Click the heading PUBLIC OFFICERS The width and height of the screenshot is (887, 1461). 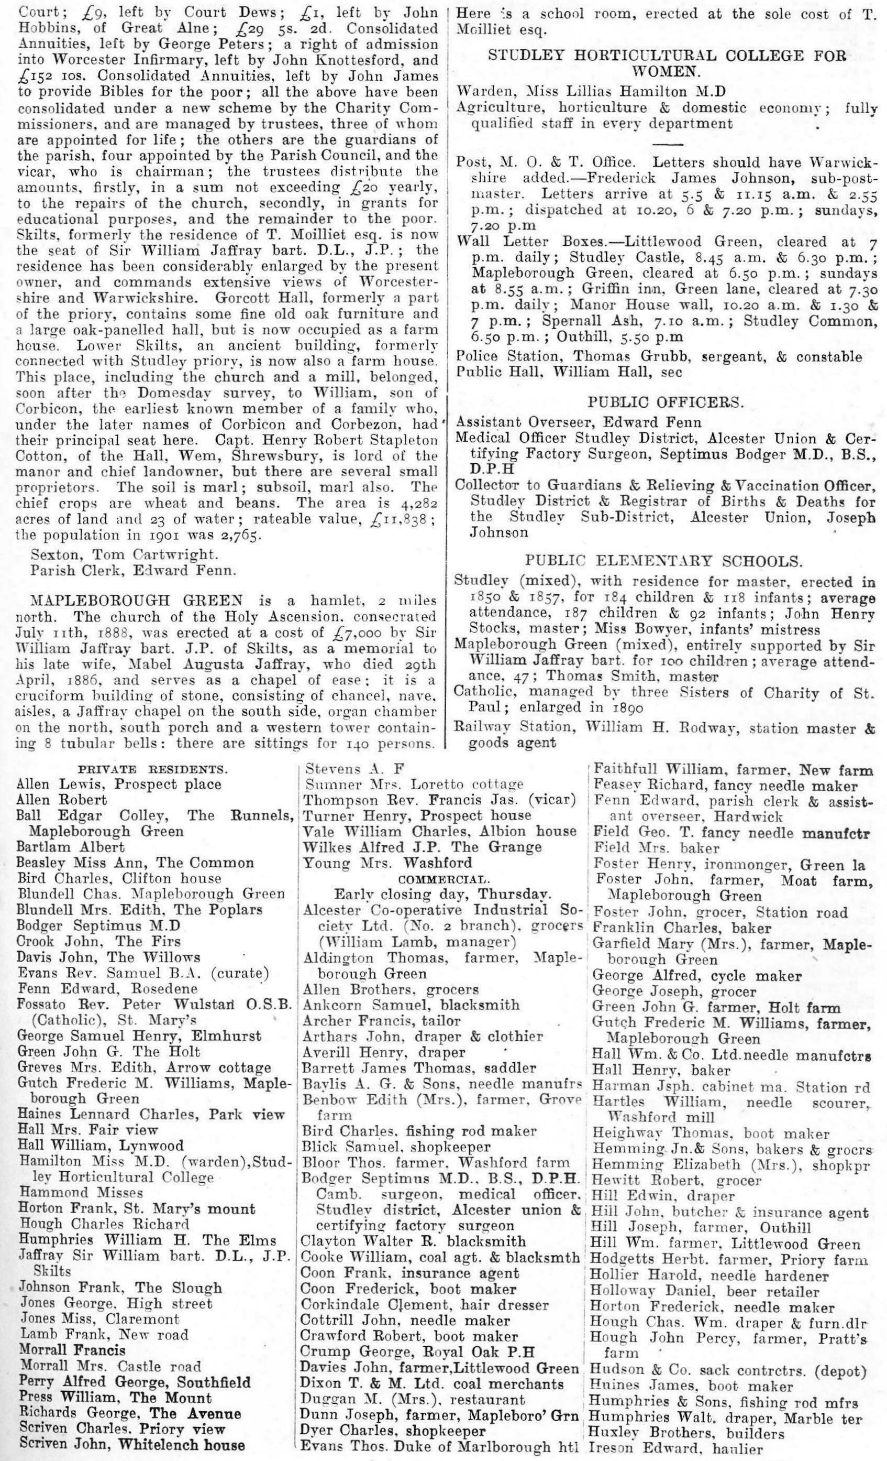pos(664,401)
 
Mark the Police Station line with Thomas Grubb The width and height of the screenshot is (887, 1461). pos(659,357)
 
